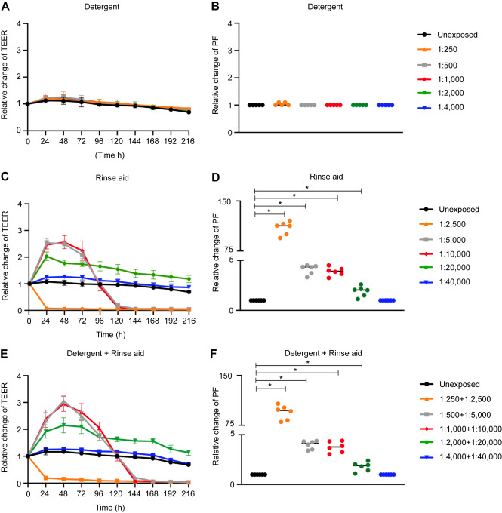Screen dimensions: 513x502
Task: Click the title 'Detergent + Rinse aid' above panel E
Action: pos(115,354)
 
